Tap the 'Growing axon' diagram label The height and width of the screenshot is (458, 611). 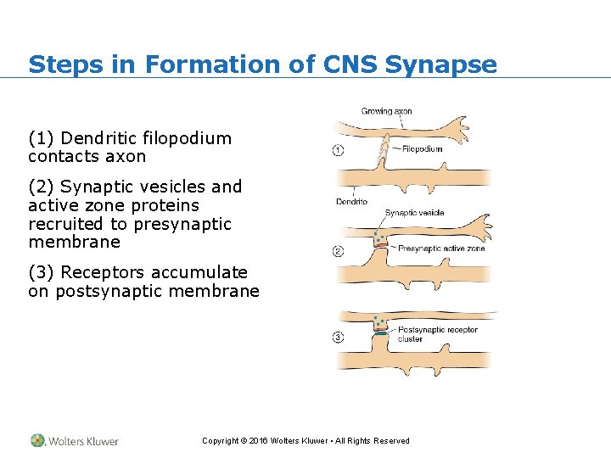tap(387, 111)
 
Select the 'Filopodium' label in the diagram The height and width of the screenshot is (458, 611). tap(422, 149)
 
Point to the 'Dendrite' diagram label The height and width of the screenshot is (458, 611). tap(351, 202)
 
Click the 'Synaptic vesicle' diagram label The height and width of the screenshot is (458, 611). tap(414, 213)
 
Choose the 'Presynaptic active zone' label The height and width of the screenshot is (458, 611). tap(441, 249)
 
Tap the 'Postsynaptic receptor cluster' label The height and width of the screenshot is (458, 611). tap(437, 334)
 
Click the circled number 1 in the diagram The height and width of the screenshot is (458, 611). tap(338, 151)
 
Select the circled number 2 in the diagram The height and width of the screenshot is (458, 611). tap(338, 251)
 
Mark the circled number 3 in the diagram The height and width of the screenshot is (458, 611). tap(338, 337)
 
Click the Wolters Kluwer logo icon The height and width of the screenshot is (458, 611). tap(37, 440)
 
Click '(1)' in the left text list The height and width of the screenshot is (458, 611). tap(42, 138)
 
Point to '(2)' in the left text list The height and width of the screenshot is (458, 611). tap(42, 187)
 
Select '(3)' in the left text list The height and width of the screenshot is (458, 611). tap(42, 272)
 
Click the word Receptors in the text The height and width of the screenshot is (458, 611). tap(102, 272)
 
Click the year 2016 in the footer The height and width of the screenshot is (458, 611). tap(257, 441)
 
